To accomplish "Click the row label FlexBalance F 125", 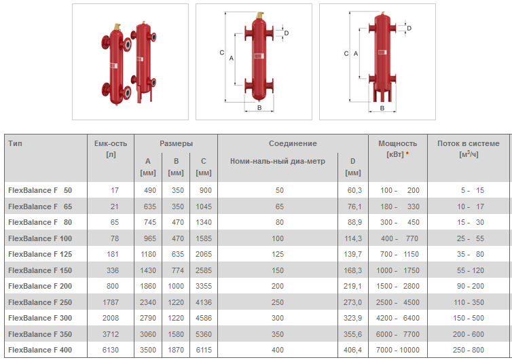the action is pyautogui.click(x=40, y=254).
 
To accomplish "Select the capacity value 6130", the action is pyautogui.click(x=111, y=350).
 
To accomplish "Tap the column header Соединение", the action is pyautogui.click(x=293, y=143).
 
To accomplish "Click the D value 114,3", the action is pyautogui.click(x=353, y=238).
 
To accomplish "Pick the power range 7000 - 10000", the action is pyautogui.click(x=397, y=350).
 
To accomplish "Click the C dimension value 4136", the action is pyautogui.click(x=204, y=302).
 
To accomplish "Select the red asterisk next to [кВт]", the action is pyautogui.click(x=407, y=153).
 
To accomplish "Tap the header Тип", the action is pyautogui.click(x=16, y=143).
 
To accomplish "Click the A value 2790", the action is pyautogui.click(x=148, y=318).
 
